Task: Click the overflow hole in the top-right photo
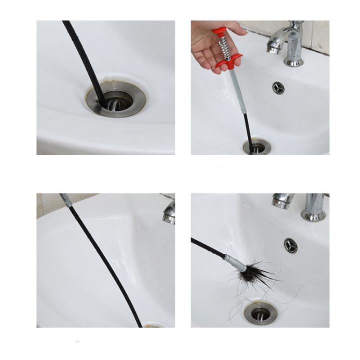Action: pos(278,87)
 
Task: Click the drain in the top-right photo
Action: pos(257,147)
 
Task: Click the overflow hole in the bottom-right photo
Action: pos(290,245)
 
